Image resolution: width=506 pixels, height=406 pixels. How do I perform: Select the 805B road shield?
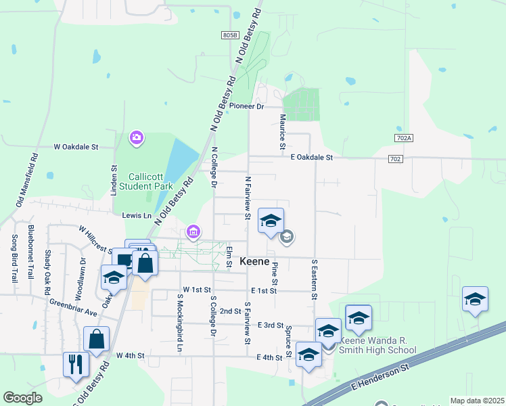(230, 35)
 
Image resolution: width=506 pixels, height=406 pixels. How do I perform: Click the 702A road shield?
(403, 138)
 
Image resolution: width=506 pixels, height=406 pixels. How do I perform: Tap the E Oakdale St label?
(312, 158)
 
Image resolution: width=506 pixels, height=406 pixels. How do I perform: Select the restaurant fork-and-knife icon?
(75, 363)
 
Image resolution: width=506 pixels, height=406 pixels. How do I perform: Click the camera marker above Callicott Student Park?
(137, 139)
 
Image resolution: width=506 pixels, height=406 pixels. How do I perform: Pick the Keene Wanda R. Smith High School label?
(377, 345)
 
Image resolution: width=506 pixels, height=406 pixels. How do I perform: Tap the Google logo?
(22, 398)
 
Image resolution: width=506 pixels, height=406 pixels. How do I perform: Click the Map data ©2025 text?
(476, 401)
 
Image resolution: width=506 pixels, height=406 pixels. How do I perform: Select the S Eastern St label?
(315, 278)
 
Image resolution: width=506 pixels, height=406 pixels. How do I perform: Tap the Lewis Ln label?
(137, 215)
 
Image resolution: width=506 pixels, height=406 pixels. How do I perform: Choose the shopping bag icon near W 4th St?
(97, 340)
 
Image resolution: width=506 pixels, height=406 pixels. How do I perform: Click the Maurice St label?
(283, 131)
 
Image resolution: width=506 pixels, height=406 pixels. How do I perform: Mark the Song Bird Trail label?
(14, 258)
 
